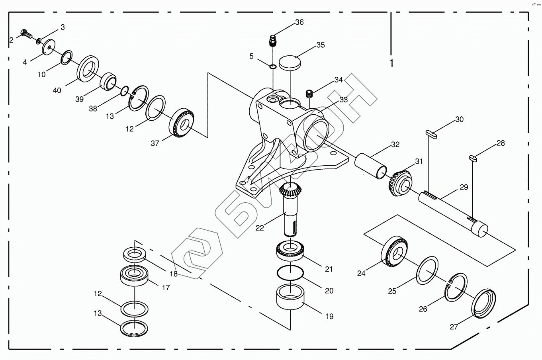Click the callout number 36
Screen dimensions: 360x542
tap(299, 22)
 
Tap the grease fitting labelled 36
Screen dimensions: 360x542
tap(272, 40)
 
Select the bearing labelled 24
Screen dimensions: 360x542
tap(394, 251)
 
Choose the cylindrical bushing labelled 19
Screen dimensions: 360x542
tap(290, 297)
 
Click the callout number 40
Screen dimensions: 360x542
tap(57, 90)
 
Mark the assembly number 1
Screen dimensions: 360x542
tap(391, 63)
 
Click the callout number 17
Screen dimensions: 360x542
tap(166, 287)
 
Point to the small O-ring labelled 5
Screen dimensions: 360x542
tap(273, 67)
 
